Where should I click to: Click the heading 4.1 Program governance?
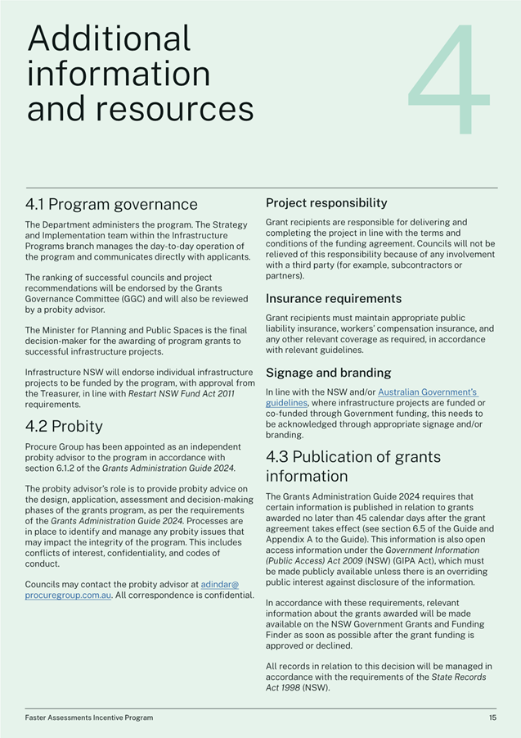tap(111, 204)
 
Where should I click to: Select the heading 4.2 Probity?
tap(64, 426)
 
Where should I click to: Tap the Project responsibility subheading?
tap(326, 202)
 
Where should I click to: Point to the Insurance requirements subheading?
tap(334, 298)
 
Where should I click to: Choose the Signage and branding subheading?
tap(328, 373)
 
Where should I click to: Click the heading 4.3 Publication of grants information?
tap(353, 465)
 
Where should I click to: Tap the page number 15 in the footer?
tap(492, 718)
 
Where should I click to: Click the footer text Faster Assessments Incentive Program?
tap(88, 718)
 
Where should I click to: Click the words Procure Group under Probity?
tap(52, 446)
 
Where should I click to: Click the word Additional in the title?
tap(109, 38)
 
